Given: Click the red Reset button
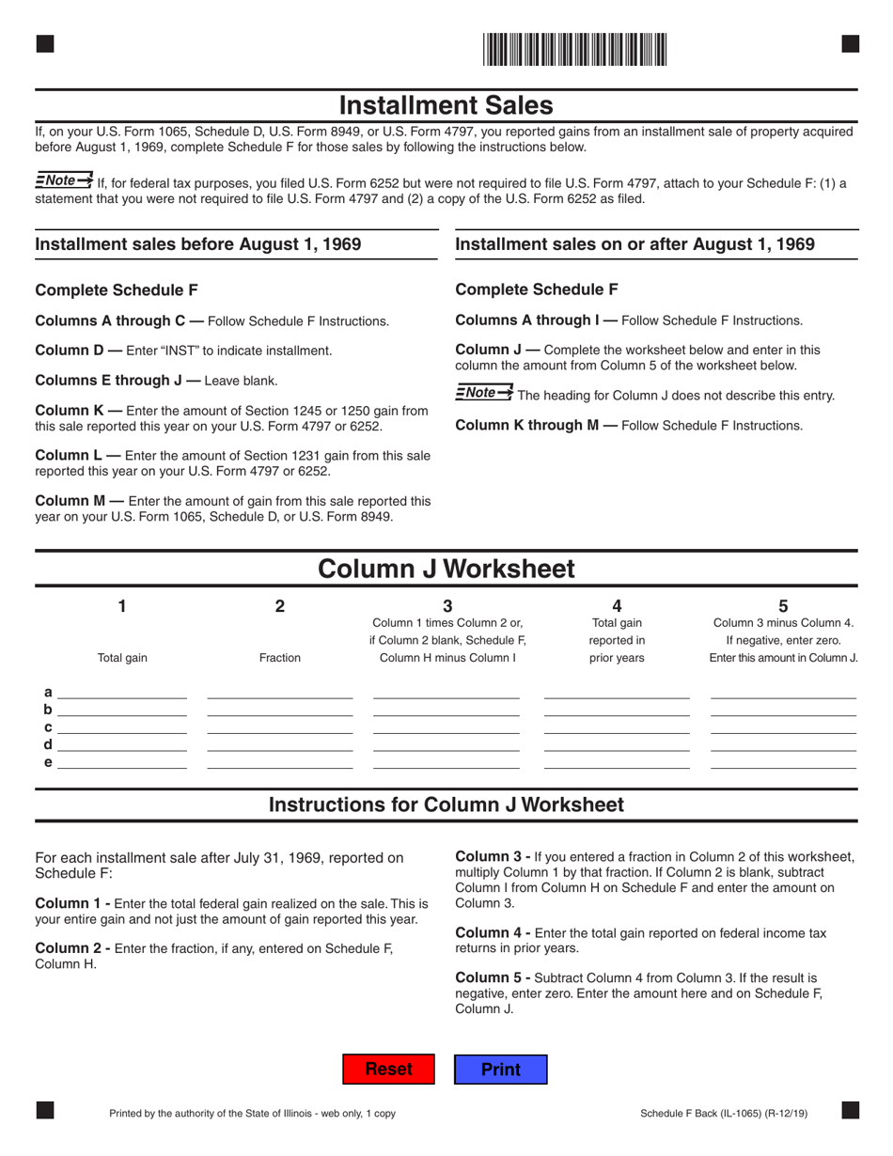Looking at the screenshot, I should click(x=388, y=1069).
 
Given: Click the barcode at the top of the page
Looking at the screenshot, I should click(x=575, y=49).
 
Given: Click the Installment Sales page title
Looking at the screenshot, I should click(x=446, y=104).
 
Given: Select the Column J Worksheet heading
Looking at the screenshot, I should click(x=446, y=569).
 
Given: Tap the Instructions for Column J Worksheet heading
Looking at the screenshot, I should click(x=446, y=805).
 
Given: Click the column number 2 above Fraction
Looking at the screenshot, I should click(x=279, y=606).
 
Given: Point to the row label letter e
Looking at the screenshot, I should click(x=48, y=762).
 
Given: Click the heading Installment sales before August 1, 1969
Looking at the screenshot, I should click(x=198, y=244).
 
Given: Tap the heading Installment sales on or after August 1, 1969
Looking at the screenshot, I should click(x=634, y=244).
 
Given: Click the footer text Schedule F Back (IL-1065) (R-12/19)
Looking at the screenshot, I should click(x=723, y=1114).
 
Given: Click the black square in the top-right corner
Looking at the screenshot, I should click(x=850, y=43).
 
